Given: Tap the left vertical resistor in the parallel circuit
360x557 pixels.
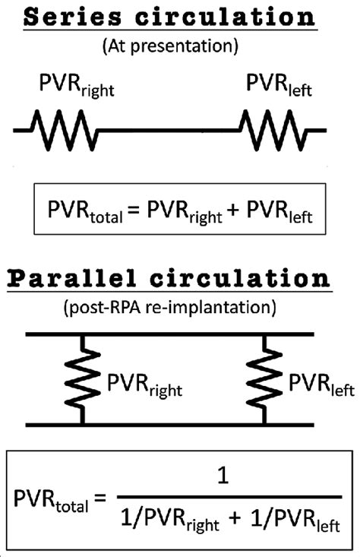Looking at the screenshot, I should point(82,378).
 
